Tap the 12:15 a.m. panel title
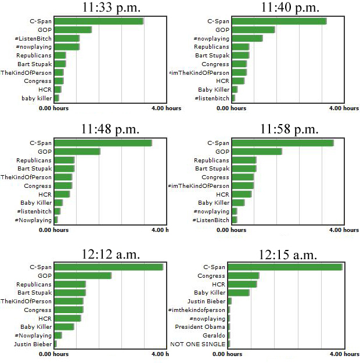point(288,255)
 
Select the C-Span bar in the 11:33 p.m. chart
point(99,21)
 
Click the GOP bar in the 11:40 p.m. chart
point(253,30)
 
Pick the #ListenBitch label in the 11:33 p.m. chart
point(33,38)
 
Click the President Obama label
point(200,327)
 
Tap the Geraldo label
point(214,336)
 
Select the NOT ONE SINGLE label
point(197,344)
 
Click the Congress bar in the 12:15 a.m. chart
point(243,275)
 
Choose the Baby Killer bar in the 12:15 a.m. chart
point(239,293)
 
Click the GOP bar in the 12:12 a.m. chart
point(82,275)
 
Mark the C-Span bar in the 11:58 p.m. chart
point(282,143)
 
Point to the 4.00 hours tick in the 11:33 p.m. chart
point(166,108)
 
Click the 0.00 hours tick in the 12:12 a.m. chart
point(53,354)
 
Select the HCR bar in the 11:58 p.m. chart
point(241,194)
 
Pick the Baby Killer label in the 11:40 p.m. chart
point(214,90)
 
